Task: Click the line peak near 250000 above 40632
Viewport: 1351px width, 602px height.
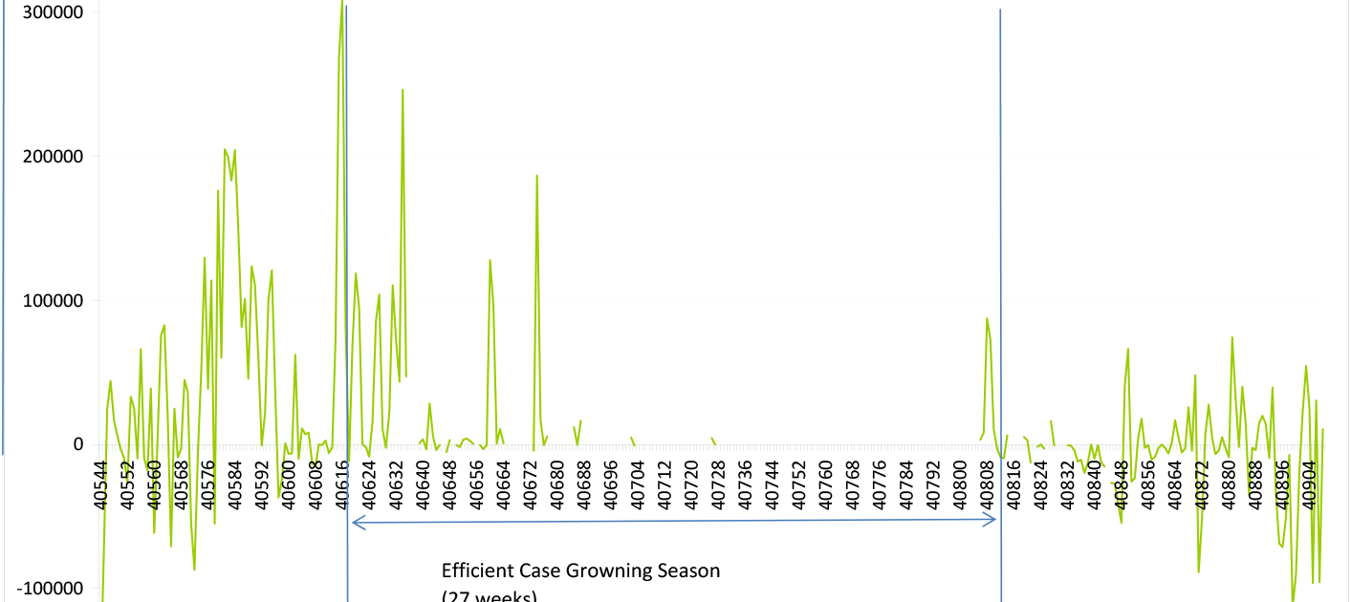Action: click(x=403, y=90)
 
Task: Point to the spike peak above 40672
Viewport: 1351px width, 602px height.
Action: click(x=537, y=176)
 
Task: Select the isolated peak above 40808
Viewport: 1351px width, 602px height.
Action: click(x=987, y=318)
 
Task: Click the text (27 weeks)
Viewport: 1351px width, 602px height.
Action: click(x=490, y=597)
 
